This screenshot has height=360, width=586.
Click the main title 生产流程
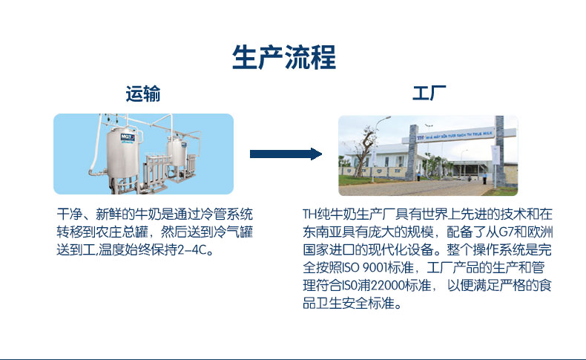coord(284,57)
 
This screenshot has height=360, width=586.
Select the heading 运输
coord(143,94)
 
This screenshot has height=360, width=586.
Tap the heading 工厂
coord(429,93)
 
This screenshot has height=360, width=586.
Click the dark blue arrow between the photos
coord(286,154)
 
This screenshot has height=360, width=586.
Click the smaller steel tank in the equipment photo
coord(177,151)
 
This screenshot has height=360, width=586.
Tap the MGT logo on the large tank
coord(127,137)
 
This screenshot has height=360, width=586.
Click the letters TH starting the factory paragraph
coord(309,215)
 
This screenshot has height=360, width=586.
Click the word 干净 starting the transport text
coord(70,215)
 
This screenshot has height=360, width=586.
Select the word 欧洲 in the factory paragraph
coord(540,232)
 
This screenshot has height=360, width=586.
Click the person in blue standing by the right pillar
coord(484,178)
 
